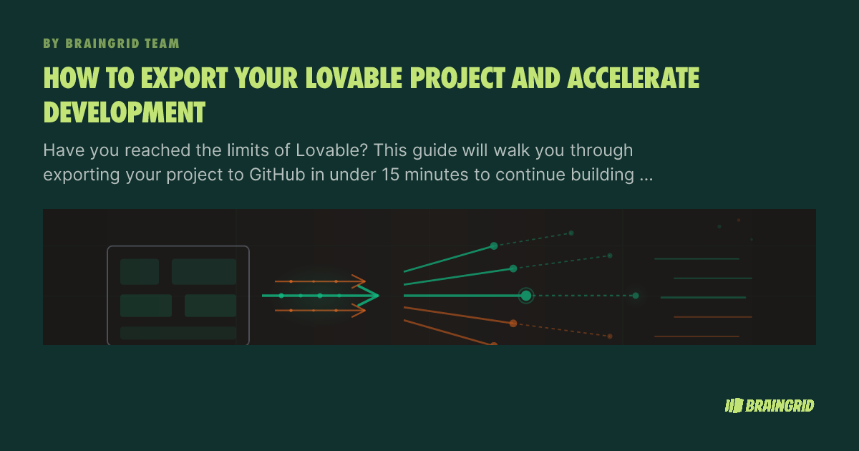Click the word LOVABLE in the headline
(x=354, y=78)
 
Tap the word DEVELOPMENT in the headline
(x=125, y=112)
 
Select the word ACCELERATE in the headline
(x=633, y=78)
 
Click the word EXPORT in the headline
(x=185, y=78)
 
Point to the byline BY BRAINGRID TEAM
(x=111, y=44)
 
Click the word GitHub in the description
(x=277, y=175)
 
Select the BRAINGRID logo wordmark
(x=780, y=406)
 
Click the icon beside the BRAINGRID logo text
(x=734, y=406)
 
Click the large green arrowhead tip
(x=378, y=295)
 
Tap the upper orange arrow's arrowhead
(x=359, y=281)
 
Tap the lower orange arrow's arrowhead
(x=359, y=310)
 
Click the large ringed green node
(x=526, y=296)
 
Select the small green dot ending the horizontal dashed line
(x=636, y=296)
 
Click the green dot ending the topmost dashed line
(x=571, y=233)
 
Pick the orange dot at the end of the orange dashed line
(x=610, y=336)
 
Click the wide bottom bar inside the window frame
(x=178, y=333)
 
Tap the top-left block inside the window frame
(x=140, y=271)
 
